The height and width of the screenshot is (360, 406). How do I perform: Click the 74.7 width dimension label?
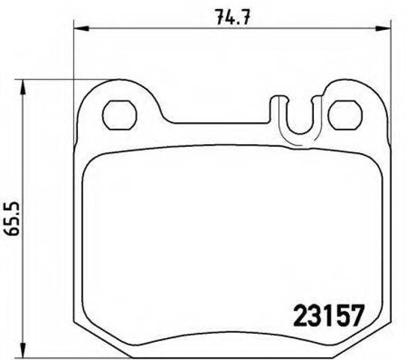pyautogui.click(x=233, y=16)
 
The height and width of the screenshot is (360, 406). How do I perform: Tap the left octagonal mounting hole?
pyautogui.click(x=119, y=115)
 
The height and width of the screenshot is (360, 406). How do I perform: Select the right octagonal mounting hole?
pyautogui.click(x=345, y=115)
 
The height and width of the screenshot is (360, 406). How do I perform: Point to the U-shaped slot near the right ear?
pyautogui.click(x=300, y=133)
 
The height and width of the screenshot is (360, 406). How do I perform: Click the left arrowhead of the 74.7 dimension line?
pyautogui.click(x=82, y=28)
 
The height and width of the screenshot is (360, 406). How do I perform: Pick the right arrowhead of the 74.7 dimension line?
pyautogui.click(x=383, y=28)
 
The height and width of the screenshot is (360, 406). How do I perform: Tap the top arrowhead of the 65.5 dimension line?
pyautogui.click(x=23, y=88)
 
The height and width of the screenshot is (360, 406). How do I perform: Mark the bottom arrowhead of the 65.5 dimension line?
pyautogui.click(x=23, y=350)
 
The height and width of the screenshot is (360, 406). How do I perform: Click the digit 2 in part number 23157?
pyautogui.click(x=301, y=316)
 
